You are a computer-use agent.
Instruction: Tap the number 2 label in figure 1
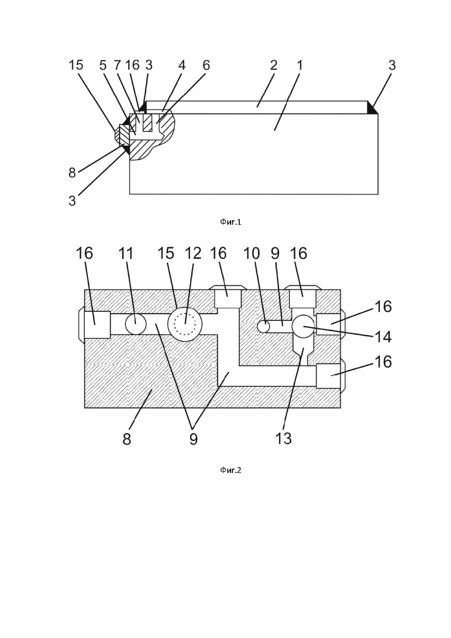pyautogui.click(x=274, y=65)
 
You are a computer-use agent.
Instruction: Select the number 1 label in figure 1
pyautogui.click(x=300, y=65)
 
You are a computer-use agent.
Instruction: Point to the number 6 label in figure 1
pyautogui.click(x=206, y=65)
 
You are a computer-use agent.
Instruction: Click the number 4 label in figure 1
pyautogui.click(x=182, y=65)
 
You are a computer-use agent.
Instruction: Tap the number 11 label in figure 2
pyautogui.click(x=126, y=253)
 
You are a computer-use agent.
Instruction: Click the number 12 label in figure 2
pyautogui.click(x=193, y=253)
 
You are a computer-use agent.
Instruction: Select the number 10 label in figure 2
pyautogui.click(x=252, y=253)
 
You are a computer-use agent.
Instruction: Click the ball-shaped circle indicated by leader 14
pyautogui.click(x=303, y=326)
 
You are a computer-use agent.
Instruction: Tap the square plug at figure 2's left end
pyautogui.click(x=97, y=325)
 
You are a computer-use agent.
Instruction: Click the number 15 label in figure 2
pyautogui.click(x=166, y=253)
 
